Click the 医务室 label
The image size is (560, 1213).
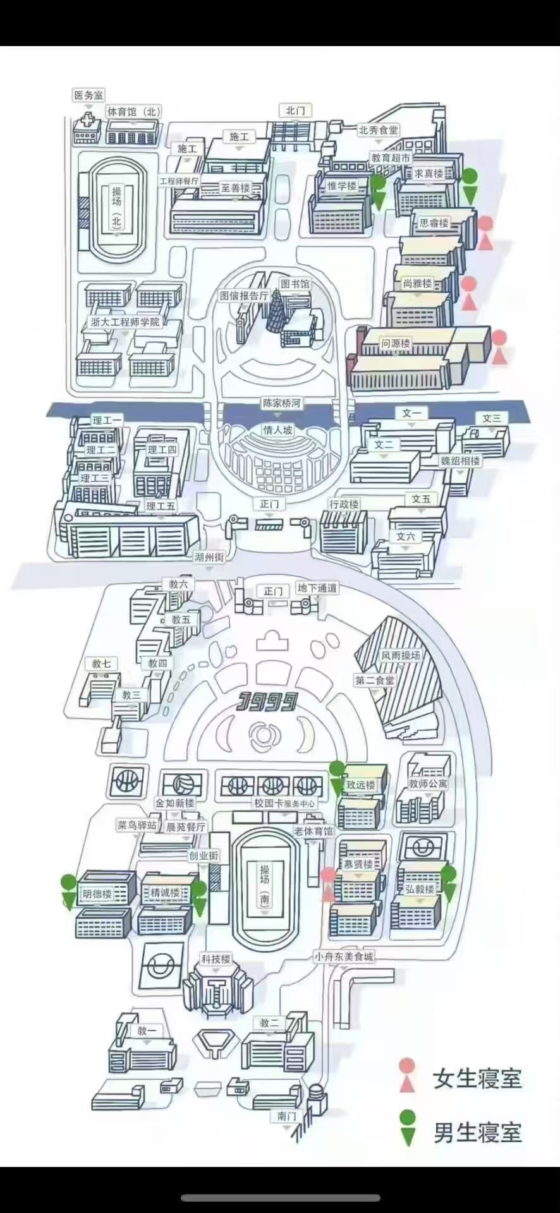[88, 95]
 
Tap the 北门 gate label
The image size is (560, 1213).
[295, 111]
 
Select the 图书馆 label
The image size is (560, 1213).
[295, 284]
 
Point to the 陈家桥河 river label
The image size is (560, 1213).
[281, 403]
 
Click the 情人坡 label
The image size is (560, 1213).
[278, 430]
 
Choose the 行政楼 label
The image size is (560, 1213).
[344, 504]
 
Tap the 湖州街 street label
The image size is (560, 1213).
[209, 557]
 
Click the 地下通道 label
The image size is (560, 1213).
[317, 588]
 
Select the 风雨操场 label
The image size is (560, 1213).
[401, 656]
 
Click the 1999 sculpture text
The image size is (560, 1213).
[268, 701]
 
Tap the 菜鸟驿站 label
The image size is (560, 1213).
[137, 825]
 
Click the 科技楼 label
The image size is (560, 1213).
[216, 959]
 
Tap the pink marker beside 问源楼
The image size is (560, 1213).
[499, 347]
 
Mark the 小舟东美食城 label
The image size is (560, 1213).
[344, 957]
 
